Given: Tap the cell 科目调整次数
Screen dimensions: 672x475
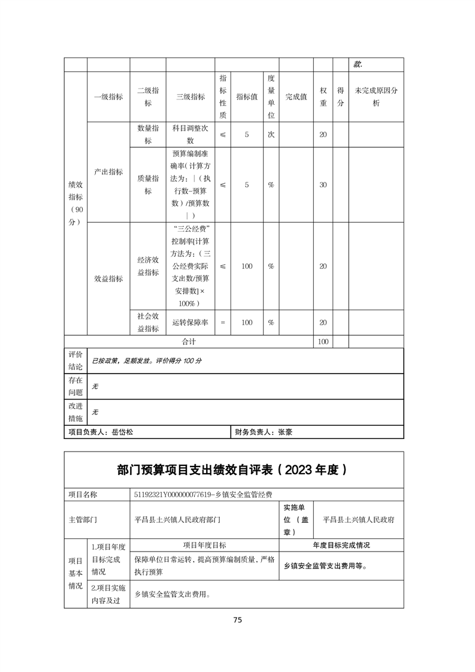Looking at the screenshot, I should tap(190, 135).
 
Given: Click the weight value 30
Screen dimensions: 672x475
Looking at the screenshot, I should tap(323, 185).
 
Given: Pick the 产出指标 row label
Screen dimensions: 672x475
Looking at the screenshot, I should tap(108, 172).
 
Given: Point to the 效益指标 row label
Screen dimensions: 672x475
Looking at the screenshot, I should tap(108, 279).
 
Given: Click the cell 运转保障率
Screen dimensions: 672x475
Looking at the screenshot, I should tap(190, 323).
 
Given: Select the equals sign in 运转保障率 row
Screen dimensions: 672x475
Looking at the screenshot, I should tap(223, 323).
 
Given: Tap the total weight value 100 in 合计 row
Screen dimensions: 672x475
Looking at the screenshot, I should tap(323, 341).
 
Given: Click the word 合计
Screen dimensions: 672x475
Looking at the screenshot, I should tap(189, 341).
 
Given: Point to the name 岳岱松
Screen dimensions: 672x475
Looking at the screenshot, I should tap(123, 431).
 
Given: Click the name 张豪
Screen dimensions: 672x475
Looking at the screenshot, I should tap(285, 431).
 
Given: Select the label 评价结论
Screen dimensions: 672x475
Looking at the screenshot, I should tap(75, 361).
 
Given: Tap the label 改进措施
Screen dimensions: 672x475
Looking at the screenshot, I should tap(75, 412).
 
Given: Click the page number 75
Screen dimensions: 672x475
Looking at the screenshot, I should tap(237, 620).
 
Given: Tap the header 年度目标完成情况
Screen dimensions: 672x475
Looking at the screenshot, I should tap(341, 546).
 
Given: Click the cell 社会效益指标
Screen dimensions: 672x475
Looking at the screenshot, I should tap(148, 323).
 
